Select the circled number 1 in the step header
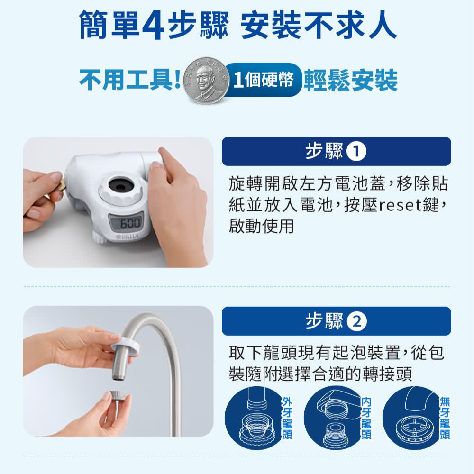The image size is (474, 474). (356, 152)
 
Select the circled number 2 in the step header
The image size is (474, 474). (356, 322)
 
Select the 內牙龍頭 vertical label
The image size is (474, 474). (366, 418)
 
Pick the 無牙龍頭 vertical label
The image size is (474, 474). (445, 418)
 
